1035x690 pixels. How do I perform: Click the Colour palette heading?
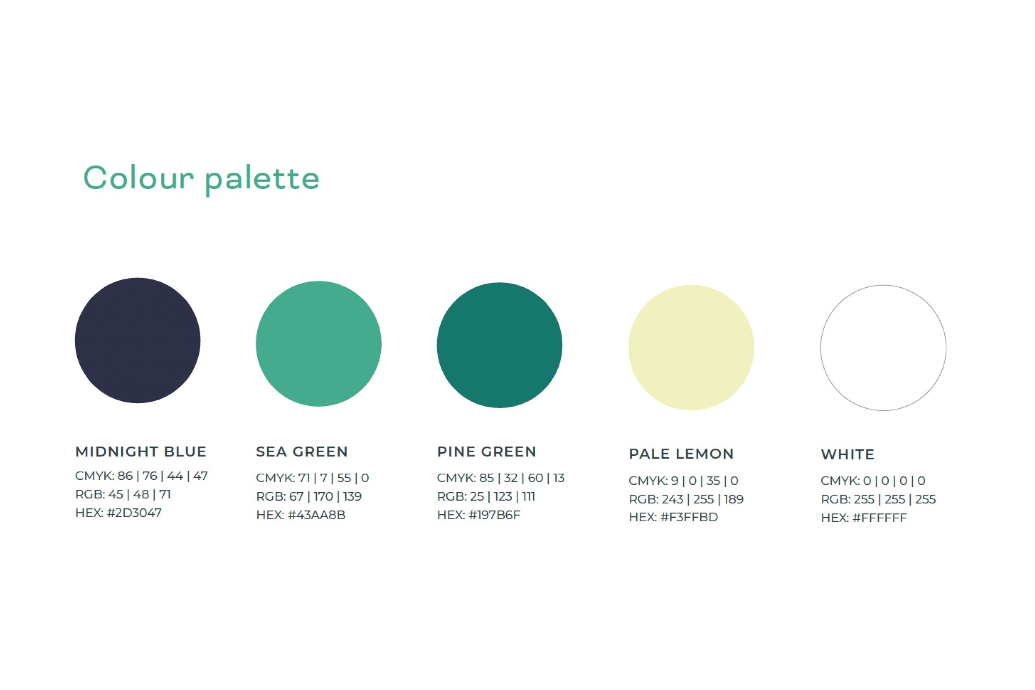coord(201,180)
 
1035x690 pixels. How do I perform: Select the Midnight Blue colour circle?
coord(138,340)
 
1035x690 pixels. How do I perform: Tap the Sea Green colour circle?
coord(319,344)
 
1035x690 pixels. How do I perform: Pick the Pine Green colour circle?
coord(499,345)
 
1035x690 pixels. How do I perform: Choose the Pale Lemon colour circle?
coord(691,348)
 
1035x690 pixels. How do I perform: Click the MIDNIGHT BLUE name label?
coord(141,451)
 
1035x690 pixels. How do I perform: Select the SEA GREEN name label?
coord(302,451)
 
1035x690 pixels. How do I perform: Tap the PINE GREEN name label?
coord(486,451)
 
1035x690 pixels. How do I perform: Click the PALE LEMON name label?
coord(681,454)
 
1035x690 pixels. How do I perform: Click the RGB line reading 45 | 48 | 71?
coord(123,495)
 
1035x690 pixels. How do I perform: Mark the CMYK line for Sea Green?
coord(312,478)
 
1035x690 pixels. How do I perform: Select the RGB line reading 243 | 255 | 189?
coord(686,500)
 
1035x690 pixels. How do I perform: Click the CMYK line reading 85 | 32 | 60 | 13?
coord(501,478)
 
